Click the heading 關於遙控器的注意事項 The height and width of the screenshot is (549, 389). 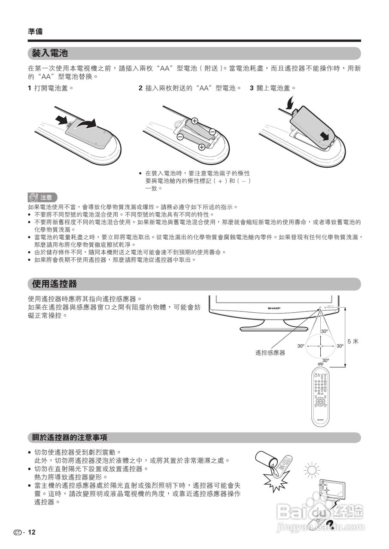(x=70, y=437)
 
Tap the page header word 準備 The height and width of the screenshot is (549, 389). (x=35, y=31)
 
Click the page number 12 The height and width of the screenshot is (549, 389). (x=32, y=532)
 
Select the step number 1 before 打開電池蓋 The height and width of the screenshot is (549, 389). (x=30, y=88)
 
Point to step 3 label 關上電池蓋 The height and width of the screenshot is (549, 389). (x=276, y=88)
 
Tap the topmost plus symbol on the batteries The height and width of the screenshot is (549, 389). (x=194, y=121)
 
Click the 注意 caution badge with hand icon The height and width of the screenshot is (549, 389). (x=42, y=197)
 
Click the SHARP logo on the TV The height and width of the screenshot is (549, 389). (x=274, y=308)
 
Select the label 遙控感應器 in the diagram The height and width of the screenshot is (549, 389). (x=270, y=353)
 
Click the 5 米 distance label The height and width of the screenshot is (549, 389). (x=353, y=341)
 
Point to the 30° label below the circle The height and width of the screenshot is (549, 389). (x=325, y=360)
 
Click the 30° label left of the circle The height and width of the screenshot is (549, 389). (x=301, y=346)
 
